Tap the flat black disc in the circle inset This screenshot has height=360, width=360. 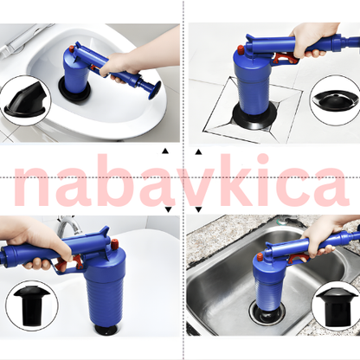335,100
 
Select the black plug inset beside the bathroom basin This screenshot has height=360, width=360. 32,305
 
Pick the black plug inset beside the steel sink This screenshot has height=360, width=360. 335,305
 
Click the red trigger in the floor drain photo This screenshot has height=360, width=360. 284,58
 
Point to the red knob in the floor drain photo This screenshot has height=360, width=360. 241,49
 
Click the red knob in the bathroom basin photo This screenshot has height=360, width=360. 115,244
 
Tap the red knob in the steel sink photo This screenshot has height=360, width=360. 260,256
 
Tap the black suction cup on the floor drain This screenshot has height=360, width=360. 254,117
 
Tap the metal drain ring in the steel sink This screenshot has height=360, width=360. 267,313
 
